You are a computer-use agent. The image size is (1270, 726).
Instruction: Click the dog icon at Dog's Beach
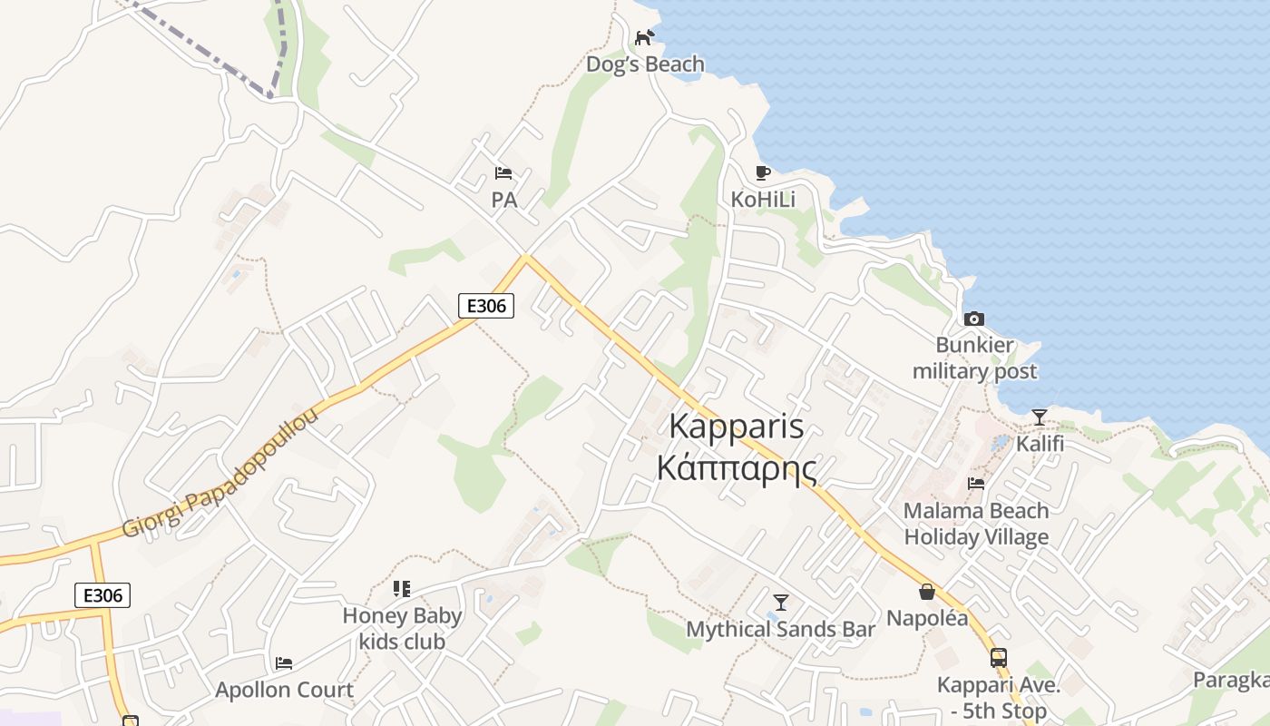644,37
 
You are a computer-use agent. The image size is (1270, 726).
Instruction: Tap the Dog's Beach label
645,64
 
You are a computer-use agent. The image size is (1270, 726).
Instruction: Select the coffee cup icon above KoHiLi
763,172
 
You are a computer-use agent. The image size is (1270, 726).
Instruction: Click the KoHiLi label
763,199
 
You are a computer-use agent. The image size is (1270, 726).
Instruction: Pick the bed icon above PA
503,173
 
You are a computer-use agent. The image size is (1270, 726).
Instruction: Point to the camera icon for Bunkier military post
973,319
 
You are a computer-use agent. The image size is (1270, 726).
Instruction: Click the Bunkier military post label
974,358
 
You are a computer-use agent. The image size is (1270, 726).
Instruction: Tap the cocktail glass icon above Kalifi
1040,417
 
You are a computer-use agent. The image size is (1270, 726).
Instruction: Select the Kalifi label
1040,445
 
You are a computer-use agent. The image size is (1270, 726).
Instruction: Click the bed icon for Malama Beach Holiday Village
976,484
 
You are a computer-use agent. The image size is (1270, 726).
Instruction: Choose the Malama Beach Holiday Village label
976,524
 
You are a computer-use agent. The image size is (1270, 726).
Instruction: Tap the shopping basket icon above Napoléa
927,592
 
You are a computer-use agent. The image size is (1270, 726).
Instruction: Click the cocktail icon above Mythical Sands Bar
780,603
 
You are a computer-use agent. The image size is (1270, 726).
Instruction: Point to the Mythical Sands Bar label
780,629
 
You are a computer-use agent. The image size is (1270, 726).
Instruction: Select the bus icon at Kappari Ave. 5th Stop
998,658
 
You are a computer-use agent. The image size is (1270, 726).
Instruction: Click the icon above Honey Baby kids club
402,589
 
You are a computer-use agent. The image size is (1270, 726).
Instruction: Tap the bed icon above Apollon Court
284,663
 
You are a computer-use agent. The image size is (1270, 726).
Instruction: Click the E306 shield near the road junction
485,306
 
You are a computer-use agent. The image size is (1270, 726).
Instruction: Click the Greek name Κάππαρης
736,468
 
